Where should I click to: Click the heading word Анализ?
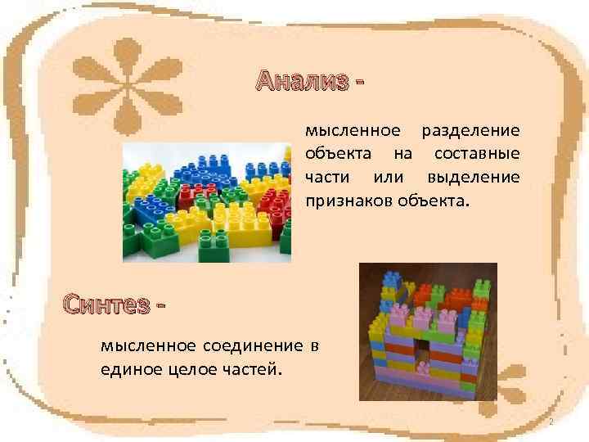(301, 81)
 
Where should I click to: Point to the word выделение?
(473, 177)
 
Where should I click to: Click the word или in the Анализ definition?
(389, 177)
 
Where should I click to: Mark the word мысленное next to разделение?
(353, 131)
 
